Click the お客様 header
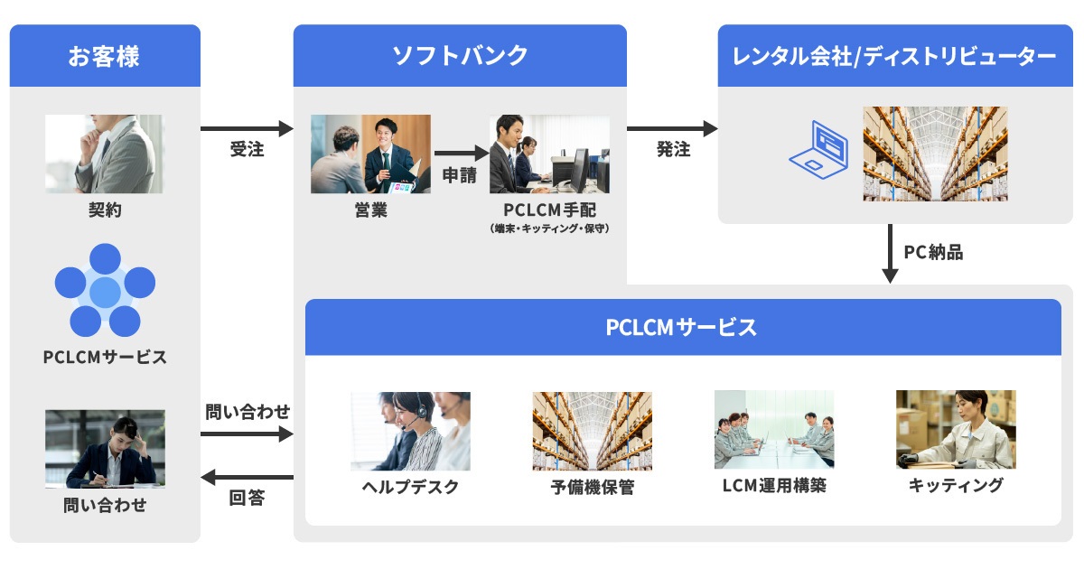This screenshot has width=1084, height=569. [105, 56]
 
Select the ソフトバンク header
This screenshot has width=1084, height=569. [460, 56]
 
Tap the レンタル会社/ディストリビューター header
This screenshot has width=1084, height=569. [895, 56]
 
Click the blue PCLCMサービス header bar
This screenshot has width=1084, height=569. [682, 327]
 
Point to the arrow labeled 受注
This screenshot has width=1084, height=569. [247, 129]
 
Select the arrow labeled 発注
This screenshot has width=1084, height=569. [672, 129]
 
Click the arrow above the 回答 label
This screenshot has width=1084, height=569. [247, 477]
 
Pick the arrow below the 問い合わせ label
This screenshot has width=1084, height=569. [247, 434]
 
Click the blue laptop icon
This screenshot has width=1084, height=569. [818, 150]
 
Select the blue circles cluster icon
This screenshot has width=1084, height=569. [105, 290]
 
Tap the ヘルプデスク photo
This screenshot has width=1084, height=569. [410, 431]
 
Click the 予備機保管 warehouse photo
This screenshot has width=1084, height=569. [592, 431]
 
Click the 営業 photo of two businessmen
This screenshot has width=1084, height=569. [370, 154]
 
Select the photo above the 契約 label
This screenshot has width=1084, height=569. [105, 154]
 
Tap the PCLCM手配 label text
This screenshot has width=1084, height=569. [549, 210]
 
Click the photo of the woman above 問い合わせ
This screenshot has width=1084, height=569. [105, 449]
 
